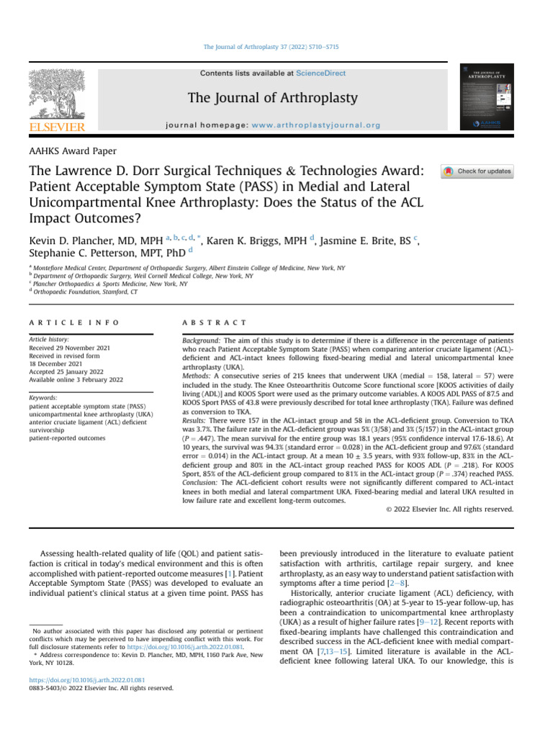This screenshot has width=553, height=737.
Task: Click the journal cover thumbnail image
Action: pyautogui.click(x=486, y=100)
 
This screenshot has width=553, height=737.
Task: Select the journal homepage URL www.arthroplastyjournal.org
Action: pyautogui.click(x=316, y=125)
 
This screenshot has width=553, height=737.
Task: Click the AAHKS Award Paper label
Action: pyautogui.click(x=72, y=151)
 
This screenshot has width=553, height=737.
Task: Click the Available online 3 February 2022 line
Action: pyautogui.click(x=76, y=379)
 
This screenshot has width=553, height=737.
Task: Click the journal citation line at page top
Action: pyautogui.click(x=271, y=47)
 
